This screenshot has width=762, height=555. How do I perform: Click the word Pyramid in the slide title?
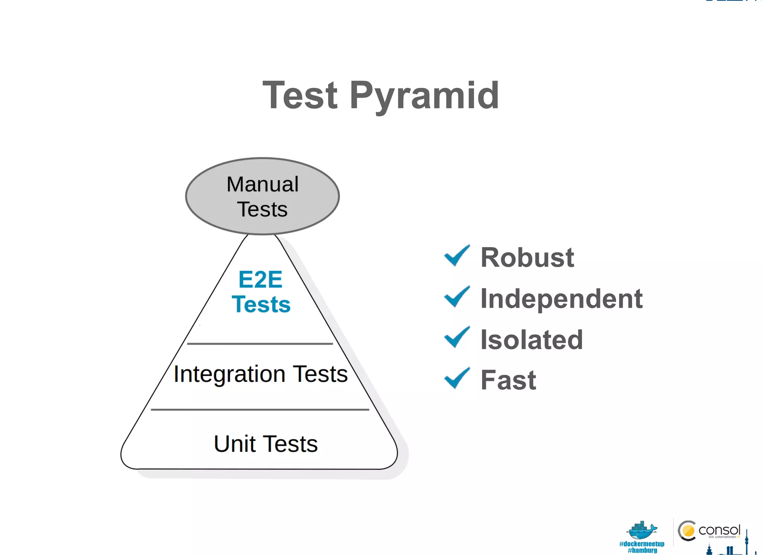[x=424, y=96]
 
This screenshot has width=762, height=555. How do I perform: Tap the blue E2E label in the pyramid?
[x=260, y=279]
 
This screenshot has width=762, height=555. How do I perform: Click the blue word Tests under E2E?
[x=261, y=304]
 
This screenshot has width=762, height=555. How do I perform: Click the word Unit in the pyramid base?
[x=235, y=444]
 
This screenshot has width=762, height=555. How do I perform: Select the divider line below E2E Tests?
[x=260, y=344]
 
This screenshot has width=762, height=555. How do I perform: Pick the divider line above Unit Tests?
[x=260, y=410]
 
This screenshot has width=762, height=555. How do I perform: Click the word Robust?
[x=527, y=257]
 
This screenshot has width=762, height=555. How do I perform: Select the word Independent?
[x=561, y=299]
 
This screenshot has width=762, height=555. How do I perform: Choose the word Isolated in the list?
[x=532, y=340]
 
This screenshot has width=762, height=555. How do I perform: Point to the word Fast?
[x=508, y=380]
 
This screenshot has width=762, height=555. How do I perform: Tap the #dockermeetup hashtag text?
[x=641, y=544]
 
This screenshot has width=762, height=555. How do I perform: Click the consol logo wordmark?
[x=719, y=530]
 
